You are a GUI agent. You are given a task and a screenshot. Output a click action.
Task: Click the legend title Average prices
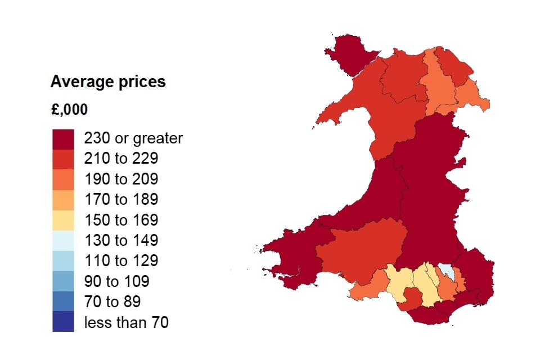click(x=108, y=82)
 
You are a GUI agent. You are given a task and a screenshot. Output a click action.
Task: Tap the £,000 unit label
click(x=69, y=110)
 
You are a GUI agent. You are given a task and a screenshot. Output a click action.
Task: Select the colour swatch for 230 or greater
click(x=63, y=139)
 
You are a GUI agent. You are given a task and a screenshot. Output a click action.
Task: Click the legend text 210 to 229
click(x=121, y=159)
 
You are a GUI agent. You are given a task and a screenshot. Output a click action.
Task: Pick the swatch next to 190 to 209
click(x=63, y=179)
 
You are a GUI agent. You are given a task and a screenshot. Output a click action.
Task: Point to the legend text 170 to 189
click(x=121, y=200)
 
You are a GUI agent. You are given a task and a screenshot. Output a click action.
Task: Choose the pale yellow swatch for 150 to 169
click(x=63, y=220)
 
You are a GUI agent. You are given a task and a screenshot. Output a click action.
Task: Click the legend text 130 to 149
click(x=121, y=241)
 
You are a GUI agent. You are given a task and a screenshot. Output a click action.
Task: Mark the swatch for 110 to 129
click(x=63, y=261)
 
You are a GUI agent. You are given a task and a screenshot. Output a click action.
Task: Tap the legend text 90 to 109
click(x=116, y=281)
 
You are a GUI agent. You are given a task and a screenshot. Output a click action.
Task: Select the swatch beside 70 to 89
click(x=63, y=301)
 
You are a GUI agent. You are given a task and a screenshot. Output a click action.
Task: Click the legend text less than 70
click(x=126, y=322)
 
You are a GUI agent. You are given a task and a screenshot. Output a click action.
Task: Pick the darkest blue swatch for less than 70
click(x=63, y=322)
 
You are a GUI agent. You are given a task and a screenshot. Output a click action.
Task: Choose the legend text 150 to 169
click(x=121, y=220)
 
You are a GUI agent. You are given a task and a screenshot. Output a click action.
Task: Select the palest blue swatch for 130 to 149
click(x=63, y=241)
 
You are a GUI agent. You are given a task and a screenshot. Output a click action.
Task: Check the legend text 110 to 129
click(x=121, y=261)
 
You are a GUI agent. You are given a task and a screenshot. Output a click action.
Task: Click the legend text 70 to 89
click(x=112, y=301)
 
